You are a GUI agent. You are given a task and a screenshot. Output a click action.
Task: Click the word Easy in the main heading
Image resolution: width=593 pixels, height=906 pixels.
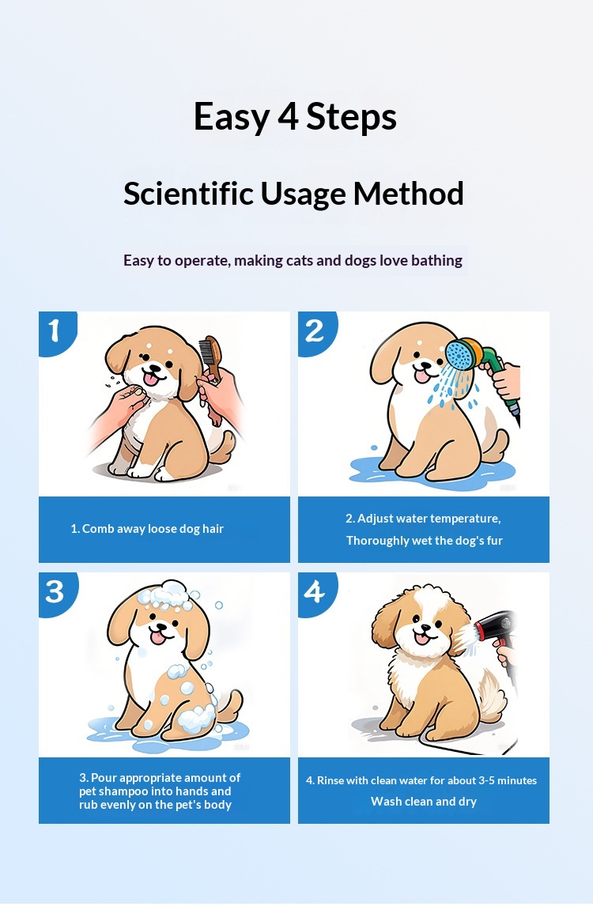point(231,118)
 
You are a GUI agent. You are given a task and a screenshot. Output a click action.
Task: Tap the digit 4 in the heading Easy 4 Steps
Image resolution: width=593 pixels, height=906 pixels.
point(288,116)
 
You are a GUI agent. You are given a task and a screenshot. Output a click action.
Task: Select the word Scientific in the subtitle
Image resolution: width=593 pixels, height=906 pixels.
point(188,193)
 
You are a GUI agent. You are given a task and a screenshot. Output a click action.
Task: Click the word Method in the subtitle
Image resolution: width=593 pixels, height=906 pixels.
point(409,193)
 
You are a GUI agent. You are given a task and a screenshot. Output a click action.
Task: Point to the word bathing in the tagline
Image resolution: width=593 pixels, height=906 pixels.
point(436,261)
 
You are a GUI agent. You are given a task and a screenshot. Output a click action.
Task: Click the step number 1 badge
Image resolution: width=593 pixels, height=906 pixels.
point(55,331)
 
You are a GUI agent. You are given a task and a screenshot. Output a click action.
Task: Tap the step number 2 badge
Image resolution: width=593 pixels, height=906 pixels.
point(315,331)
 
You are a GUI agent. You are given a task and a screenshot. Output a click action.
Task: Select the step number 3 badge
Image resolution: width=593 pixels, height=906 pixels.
point(55,591)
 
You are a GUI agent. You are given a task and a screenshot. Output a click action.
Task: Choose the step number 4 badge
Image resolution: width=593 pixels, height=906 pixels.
point(315,591)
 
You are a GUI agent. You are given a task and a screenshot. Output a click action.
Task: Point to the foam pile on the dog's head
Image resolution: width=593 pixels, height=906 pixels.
point(167,595)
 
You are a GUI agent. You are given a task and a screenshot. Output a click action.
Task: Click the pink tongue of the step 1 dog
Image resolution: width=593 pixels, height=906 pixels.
point(150,379)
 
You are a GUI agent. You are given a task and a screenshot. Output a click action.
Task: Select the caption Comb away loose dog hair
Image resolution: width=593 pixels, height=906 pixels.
point(147,529)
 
